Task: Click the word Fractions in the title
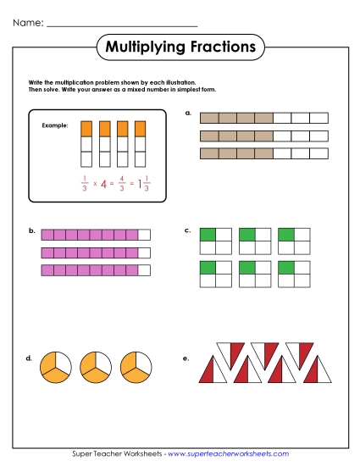[216, 47]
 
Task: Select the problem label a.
[187, 112]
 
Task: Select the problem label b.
[31, 230]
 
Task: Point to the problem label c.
[187, 230]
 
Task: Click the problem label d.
[30, 358]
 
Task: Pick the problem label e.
[186, 358]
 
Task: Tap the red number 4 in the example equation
[102, 182]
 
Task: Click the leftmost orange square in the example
[85, 129]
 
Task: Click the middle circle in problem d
[95, 365]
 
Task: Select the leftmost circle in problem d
[55, 365]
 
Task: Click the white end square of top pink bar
[144, 235]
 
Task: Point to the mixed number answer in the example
[145, 182]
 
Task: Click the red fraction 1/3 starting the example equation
[84, 182]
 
